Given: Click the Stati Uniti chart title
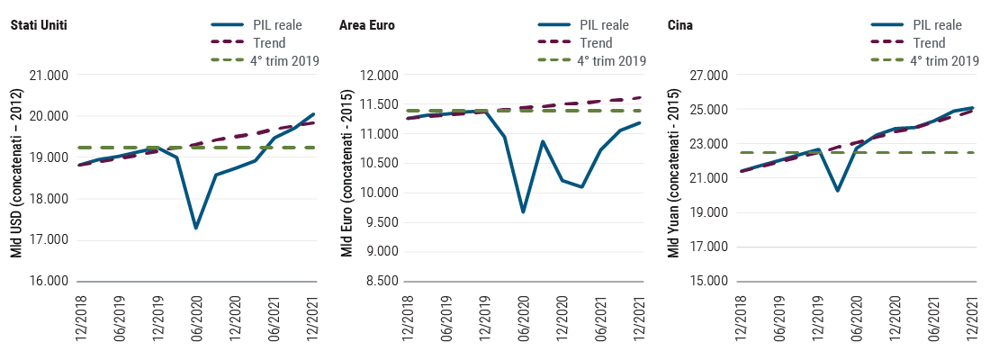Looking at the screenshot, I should tap(39, 25).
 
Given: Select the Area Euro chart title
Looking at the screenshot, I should tap(367, 25).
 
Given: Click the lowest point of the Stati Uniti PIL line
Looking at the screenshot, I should tap(195, 229).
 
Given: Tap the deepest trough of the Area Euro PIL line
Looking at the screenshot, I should tap(523, 212).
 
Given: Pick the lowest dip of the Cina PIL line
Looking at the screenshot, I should tap(837, 191).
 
